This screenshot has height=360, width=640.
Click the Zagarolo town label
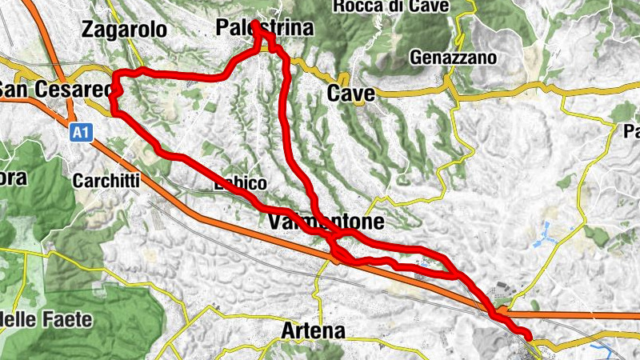[x=124, y=30]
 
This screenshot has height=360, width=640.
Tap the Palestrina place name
[x=263, y=29]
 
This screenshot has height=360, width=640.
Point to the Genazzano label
[x=453, y=58]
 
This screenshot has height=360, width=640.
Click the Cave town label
[x=351, y=94]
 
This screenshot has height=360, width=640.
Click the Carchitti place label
[x=106, y=181]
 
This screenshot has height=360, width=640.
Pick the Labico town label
[x=240, y=184]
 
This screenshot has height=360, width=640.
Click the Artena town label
[x=314, y=330]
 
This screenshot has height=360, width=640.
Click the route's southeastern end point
[x=528, y=334]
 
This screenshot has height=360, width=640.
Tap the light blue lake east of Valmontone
[x=552, y=232]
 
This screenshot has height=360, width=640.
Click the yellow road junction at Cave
[x=343, y=79]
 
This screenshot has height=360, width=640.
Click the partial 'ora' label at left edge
[x=14, y=178]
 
